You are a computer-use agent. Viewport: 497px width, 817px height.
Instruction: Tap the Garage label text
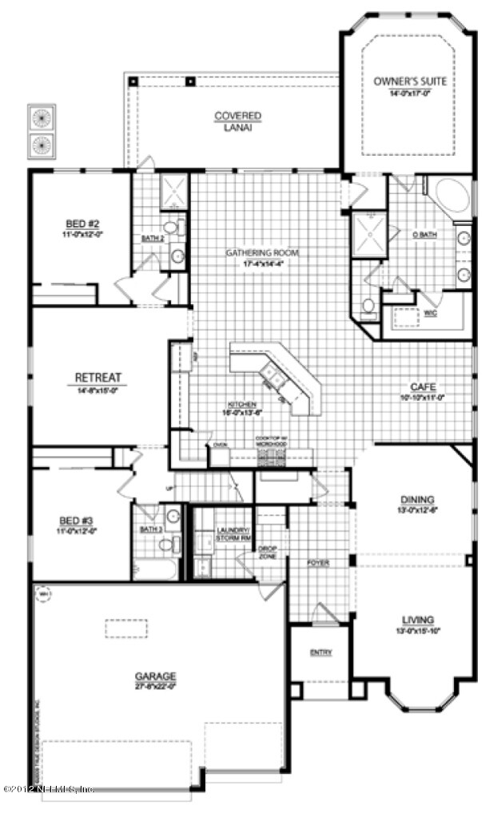[x=155, y=675]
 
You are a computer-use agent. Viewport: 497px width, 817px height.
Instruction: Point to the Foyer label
[x=319, y=562]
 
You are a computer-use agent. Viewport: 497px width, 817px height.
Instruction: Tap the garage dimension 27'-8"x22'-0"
[x=155, y=684]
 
